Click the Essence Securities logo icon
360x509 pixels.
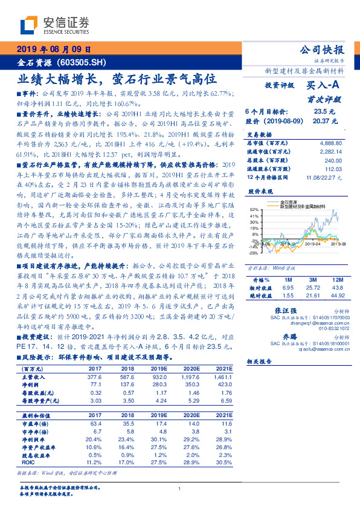(29, 24)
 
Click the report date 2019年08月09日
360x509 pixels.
(54, 50)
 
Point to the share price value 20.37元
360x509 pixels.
(323, 121)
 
